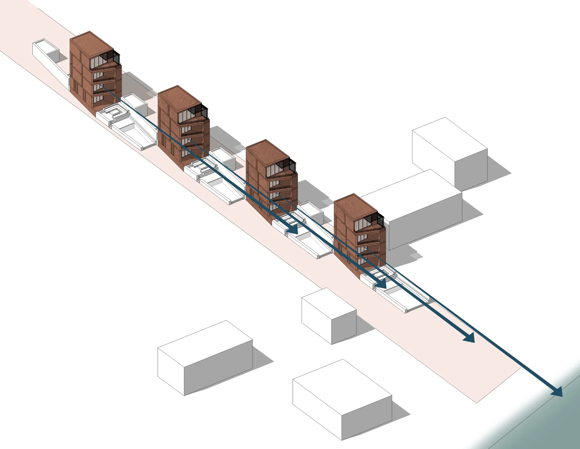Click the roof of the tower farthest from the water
(92, 43)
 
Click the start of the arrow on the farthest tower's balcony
(101, 86)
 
